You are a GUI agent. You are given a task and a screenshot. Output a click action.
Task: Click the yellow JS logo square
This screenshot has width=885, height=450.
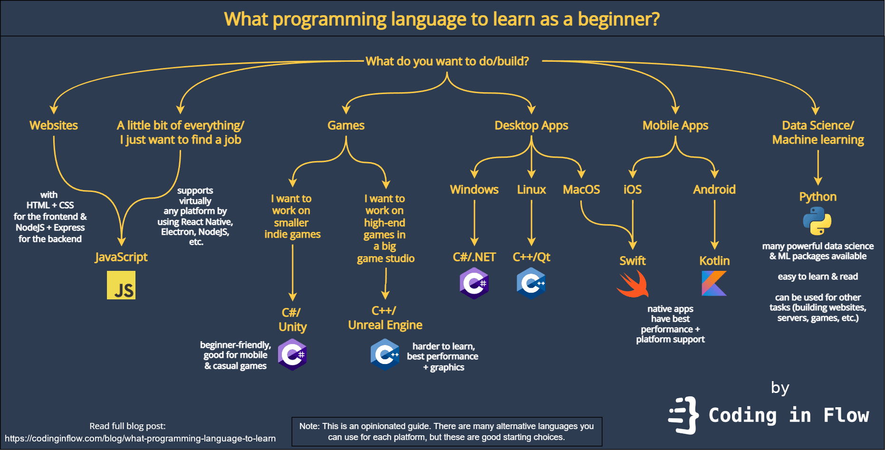(121, 285)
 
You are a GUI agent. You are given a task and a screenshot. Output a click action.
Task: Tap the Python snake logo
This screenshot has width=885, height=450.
(817, 221)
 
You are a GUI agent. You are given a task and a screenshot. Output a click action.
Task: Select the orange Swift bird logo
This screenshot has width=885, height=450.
(633, 284)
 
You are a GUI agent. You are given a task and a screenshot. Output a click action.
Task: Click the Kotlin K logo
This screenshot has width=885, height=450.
(714, 283)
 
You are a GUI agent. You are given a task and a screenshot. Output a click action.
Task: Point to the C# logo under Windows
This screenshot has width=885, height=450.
(474, 283)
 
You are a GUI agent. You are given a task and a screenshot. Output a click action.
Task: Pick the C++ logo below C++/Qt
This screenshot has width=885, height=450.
(531, 283)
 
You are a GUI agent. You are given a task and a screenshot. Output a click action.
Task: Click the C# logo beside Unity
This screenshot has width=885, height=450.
(292, 354)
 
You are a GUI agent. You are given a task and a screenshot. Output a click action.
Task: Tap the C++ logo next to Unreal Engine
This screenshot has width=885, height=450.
(385, 354)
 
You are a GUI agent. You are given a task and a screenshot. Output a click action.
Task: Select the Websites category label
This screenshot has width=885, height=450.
(54, 125)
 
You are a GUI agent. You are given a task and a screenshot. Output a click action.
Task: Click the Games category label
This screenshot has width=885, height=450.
(346, 125)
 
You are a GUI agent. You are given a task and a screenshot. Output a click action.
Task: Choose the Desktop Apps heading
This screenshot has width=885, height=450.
(531, 125)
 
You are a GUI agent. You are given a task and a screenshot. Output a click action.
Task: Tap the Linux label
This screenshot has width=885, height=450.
(531, 190)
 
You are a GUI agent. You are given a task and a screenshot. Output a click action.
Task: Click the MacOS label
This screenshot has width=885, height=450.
(581, 190)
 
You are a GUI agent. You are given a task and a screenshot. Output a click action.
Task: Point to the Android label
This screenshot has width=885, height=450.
(714, 190)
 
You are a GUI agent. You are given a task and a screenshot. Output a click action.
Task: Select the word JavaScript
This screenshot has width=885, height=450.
(121, 257)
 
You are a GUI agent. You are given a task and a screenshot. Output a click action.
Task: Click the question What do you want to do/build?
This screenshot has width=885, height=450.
(447, 61)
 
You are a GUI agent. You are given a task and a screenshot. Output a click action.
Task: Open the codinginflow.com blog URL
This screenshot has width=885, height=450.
(140, 439)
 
